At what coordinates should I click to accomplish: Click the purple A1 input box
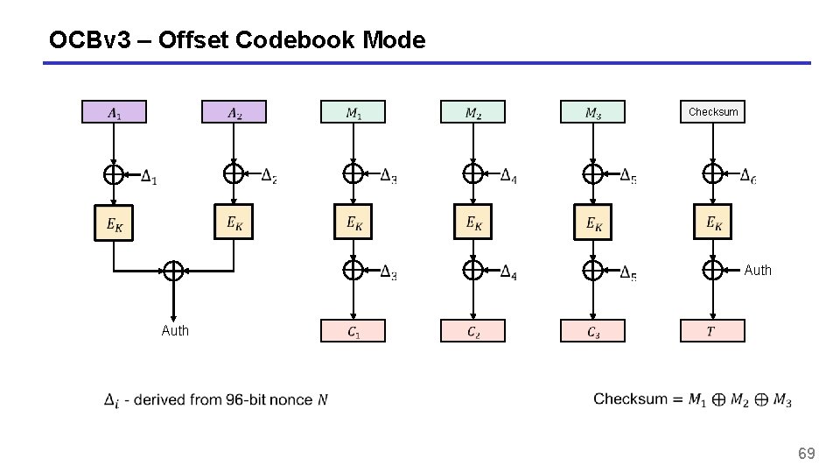point(114,112)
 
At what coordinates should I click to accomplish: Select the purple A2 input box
point(234,112)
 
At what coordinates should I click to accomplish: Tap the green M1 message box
point(353,112)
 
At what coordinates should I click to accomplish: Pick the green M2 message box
point(472,112)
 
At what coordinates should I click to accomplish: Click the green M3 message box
point(592,112)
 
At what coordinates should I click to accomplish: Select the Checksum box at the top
point(712,112)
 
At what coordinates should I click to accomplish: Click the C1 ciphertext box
point(353,331)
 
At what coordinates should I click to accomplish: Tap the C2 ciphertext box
point(472,331)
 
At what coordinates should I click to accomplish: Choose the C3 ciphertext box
point(592,331)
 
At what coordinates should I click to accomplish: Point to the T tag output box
point(712,331)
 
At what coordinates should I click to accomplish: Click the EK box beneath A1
point(114,224)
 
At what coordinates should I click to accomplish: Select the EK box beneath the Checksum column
point(712,222)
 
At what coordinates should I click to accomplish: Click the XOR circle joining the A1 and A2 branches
point(173,271)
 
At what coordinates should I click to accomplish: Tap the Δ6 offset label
point(748,177)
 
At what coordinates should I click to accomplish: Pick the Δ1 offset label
point(149,178)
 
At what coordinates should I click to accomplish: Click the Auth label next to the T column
point(758,271)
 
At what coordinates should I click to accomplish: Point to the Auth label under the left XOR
point(175,330)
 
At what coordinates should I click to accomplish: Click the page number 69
point(806,453)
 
